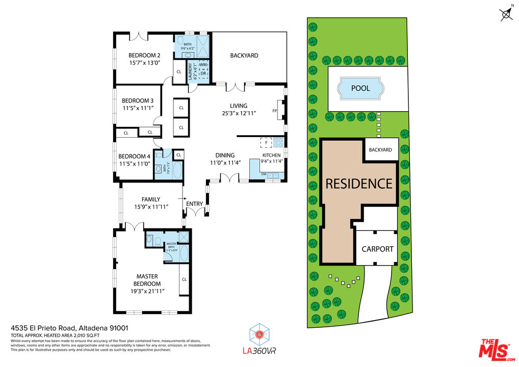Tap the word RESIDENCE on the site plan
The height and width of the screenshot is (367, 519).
click(x=359, y=183)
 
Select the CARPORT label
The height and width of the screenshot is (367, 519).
click(x=377, y=249)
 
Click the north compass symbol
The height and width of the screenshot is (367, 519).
click(x=506, y=14)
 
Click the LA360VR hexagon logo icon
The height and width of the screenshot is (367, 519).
click(x=259, y=334)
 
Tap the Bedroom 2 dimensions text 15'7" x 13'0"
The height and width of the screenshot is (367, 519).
click(x=144, y=63)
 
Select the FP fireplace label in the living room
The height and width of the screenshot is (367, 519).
click(x=275, y=111)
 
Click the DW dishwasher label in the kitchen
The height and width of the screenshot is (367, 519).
click(x=264, y=174)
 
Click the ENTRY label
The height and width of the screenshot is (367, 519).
click(x=194, y=204)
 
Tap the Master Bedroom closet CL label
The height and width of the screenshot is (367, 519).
click(x=184, y=279)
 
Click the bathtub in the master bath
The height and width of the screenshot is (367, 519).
click(x=184, y=253)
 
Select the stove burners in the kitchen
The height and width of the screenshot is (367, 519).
click(x=278, y=142)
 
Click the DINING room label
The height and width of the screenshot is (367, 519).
click(x=225, y=155)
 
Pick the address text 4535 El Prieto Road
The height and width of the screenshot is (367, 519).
click(x=43, y=328)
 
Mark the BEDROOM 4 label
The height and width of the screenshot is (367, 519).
click(x=134, y=156)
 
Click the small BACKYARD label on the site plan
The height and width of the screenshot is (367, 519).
click(x=380, y=150)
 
